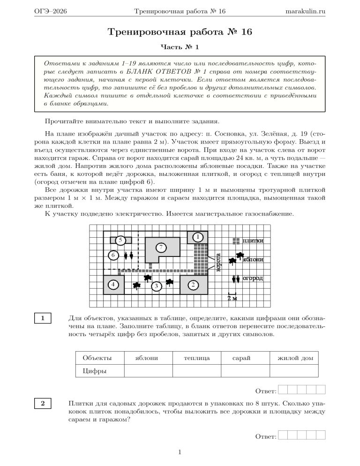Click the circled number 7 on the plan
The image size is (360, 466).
coord(160,247)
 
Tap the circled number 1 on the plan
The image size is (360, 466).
coord(198,237)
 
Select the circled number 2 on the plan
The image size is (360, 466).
coord(193,284)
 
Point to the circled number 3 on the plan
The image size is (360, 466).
coord(157,285)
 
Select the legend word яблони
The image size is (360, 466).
coord(253,259)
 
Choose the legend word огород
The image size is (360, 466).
coord(253,278)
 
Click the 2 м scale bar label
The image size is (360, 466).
coord(232,298)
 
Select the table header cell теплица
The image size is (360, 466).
coord(196,358)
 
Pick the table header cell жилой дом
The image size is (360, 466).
coord(292,358)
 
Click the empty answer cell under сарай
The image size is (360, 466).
coord(244,371)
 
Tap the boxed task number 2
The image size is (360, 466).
coord(43,404)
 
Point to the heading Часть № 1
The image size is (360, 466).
coord(180,47)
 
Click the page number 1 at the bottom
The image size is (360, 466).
coord(180,452)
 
